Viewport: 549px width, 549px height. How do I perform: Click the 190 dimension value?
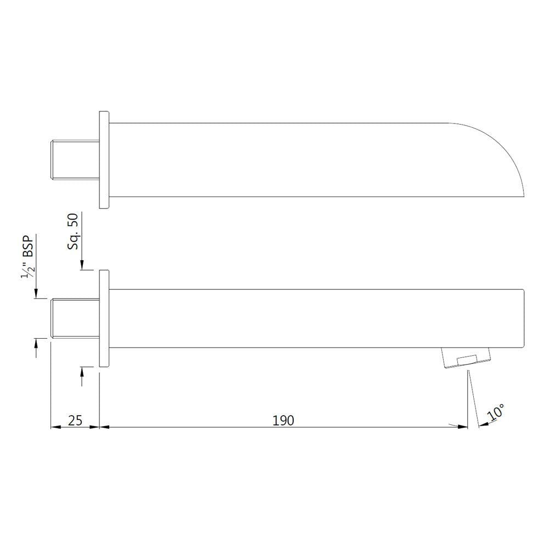[283, 421]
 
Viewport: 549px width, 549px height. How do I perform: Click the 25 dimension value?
[75, 421]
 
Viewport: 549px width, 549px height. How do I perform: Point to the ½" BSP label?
[28, 256]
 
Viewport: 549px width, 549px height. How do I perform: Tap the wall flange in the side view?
[104, 318]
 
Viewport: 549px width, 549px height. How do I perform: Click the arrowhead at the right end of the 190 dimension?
[463, 427]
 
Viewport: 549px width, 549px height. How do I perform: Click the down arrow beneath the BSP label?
[36, 294]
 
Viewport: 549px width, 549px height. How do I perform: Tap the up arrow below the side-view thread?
[36, 344]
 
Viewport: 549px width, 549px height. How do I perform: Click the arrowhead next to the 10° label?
[483, 423]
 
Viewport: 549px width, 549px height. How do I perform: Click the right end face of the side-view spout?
[524, 318]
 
